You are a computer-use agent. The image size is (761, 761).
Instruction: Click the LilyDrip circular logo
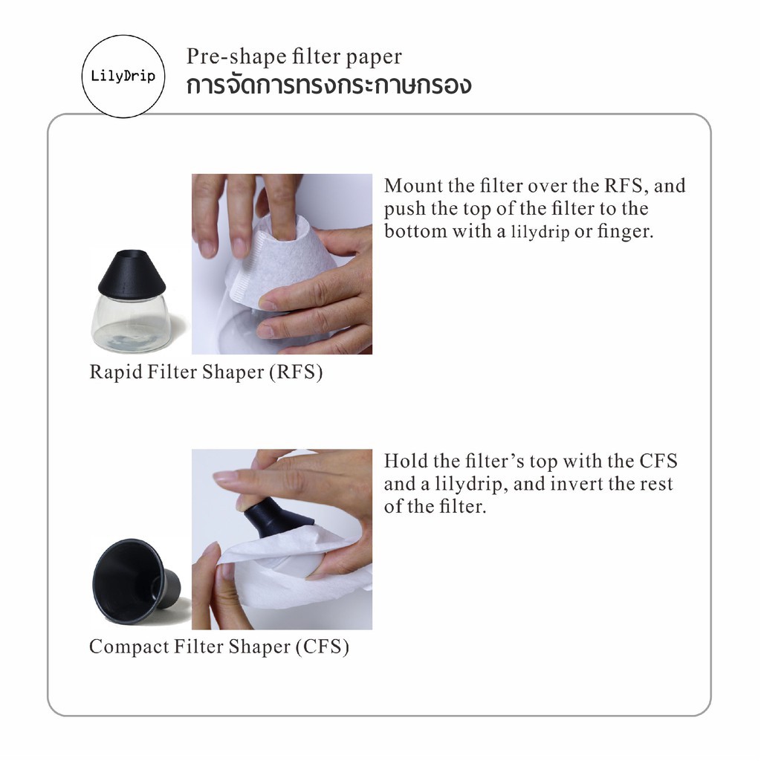pyautogui.click(x=123, y=77)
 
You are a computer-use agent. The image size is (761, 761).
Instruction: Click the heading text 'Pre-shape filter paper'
pyautogui.click(x=294, y=56)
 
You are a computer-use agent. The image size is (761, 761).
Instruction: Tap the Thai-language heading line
pyautogui.click(x=328, y=85)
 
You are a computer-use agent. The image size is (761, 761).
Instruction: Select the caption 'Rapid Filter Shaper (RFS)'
pyautogui.click(x=206, y=372)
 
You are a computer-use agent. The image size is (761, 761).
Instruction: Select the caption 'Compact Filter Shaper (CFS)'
pyautogui.click(x=219, y=647)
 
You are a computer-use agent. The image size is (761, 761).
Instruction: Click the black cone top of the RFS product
pyautogui.click(x=132, y=273)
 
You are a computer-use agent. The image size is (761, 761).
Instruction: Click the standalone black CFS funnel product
pyautogui.click(x=137, y=581)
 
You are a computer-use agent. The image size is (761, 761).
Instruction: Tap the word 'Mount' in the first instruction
pyautogui.click(x=413, y=185)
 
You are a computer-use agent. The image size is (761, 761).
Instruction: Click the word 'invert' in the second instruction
pyautogui.click(x=576, y=483)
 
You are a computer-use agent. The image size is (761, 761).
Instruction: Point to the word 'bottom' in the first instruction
pyautogui.click(x=415, y=231)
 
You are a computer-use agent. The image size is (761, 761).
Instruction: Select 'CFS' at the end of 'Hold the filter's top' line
pyautogui.click(x=658, y=461)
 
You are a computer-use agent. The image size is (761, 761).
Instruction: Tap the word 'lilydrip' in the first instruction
pyautogui.click(x=540, y=232)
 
